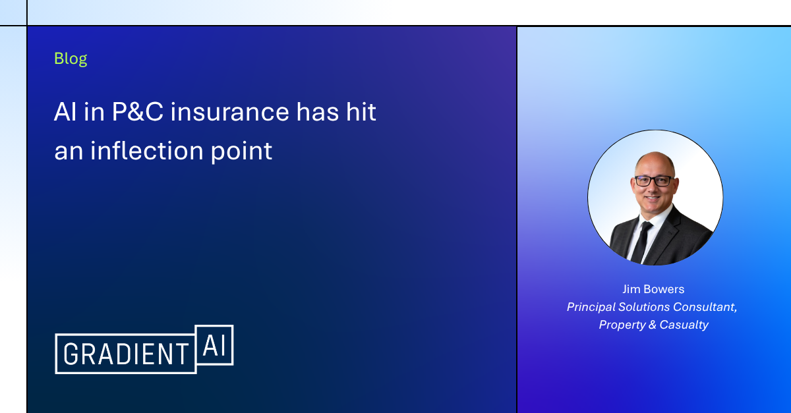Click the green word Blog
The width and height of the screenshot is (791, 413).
[x=71, y=59]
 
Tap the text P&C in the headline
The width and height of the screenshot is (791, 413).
[x=137, y=112]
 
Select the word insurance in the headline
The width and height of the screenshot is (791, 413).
[x=229, y=112]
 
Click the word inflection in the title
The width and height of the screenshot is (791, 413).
[x=147, y=151]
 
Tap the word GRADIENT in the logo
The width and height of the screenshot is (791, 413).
[x=126, y=354]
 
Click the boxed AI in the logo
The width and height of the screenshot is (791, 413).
[x=214, y=345]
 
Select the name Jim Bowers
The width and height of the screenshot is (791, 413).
[x=653, y=289]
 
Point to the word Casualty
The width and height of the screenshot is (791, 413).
[x=684, y=325]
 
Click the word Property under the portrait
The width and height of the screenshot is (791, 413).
[x=622, y=325]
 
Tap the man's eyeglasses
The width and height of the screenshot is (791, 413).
[x=653, y=181]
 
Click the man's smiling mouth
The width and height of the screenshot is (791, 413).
[x=652, y=198]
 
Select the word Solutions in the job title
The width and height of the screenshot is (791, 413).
[x=644, y=307]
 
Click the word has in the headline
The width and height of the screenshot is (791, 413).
[x=318, y=112]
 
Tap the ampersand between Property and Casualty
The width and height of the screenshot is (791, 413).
[x=653, y=325]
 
